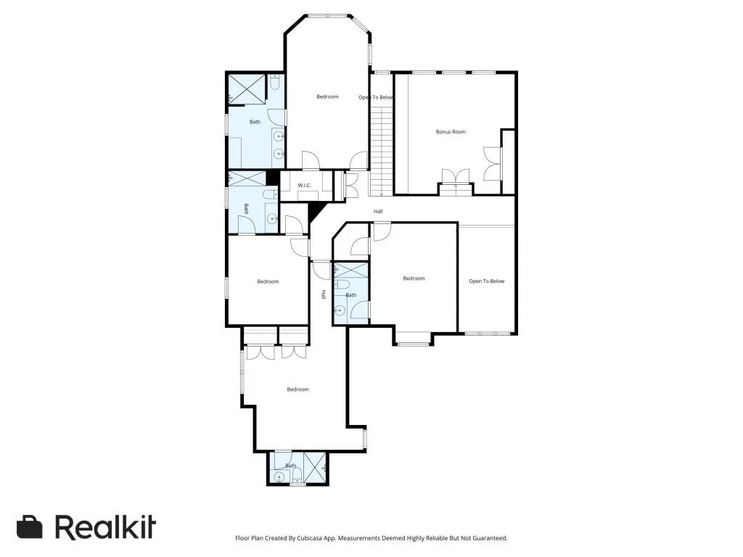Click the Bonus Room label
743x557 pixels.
point(451,132)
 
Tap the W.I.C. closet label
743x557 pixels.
point(304,186)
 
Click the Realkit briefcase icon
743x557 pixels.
point(30,527)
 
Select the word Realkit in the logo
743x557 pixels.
point(105,527)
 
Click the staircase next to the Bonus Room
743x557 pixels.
point(381,149)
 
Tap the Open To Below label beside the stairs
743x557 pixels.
point(376,97)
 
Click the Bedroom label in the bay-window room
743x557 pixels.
point(327,96)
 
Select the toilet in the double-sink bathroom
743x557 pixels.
point(274,84)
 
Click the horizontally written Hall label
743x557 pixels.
point(378,211)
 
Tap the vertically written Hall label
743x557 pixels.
point(324,294)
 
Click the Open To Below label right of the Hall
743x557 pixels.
point(486,281)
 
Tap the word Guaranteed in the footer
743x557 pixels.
point(490,538)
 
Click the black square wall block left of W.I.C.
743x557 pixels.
point(273,178)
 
